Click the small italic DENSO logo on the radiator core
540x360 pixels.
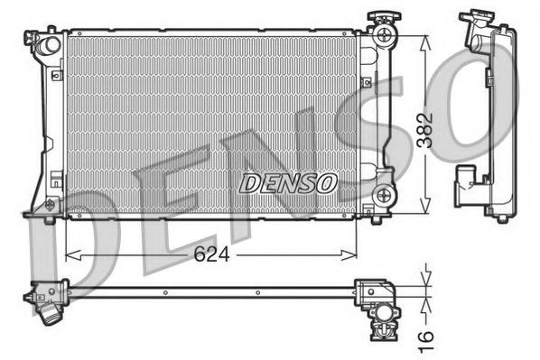pos(287,182)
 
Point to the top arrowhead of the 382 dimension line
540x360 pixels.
pos(423,38)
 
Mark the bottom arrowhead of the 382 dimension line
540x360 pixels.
pos(423,209)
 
